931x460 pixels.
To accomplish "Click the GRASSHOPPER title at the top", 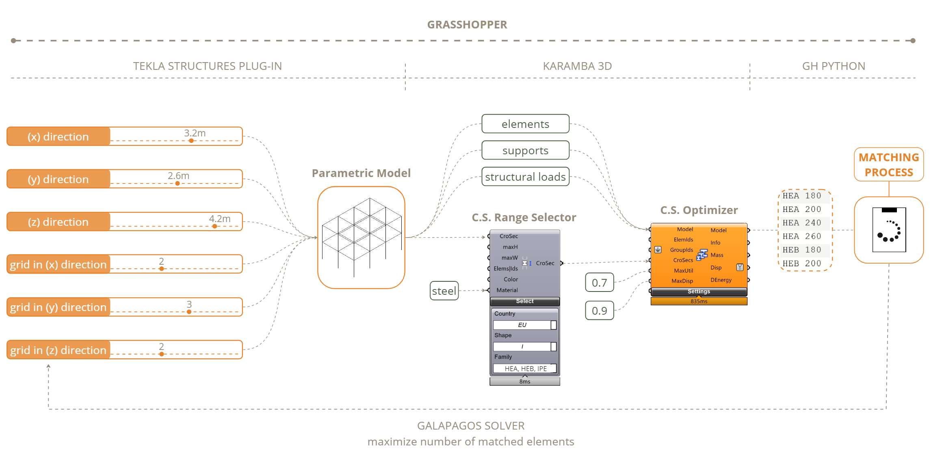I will click(x=467, y=25).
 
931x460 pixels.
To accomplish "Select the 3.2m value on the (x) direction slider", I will click(x=195, y=133).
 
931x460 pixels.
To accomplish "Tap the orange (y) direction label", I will click(x=58, y=179).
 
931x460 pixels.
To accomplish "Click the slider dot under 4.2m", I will click(x=214, y=226).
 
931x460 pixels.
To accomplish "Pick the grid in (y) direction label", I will click(x=58, y=307).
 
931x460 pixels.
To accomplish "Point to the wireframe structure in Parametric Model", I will click(x=361, y=237).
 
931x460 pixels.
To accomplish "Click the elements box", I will click(x=525, y=124).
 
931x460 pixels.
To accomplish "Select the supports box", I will click(x=525, y=150).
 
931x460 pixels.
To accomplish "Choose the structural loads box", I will click(x=525, y=177).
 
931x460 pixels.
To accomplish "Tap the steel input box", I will click(x=444, y=291).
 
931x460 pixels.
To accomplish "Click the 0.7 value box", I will click(x=599, y=283).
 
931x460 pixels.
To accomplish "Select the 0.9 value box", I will click(x=599, y=311).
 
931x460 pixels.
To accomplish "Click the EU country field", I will click(x=522, y=325).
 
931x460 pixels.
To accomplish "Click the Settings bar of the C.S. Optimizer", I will click(x=699, y=292).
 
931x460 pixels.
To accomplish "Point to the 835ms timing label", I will click(x=699, y=301).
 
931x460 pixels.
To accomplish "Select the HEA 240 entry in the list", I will click(x=802, y=223).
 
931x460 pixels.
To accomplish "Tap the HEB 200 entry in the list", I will click(x=802, y=263).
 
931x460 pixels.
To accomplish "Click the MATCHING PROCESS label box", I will click(x=889, y=164).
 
